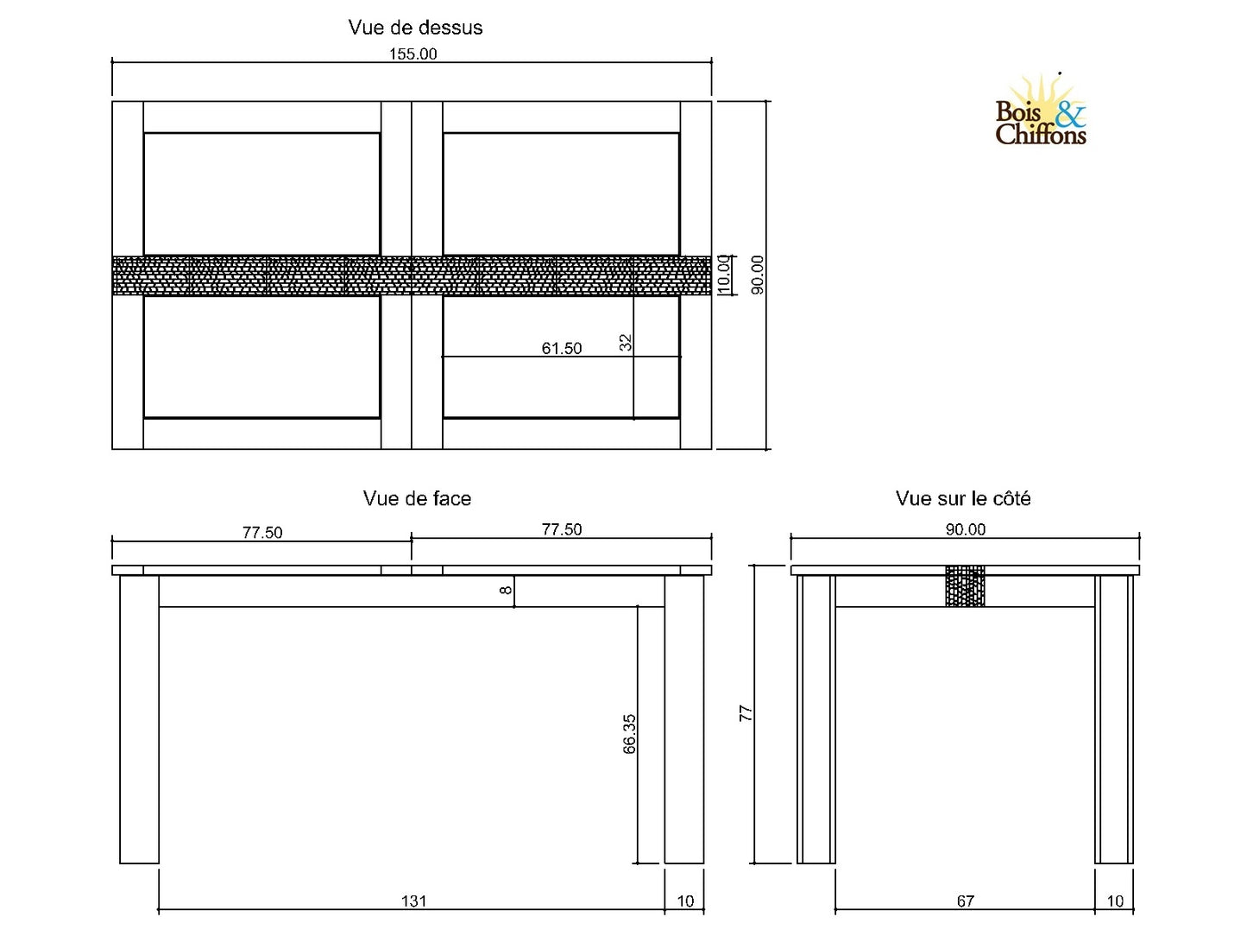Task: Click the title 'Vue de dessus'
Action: [415, 28]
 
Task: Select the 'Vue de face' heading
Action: [417, 499]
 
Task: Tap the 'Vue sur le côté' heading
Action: [963, 499]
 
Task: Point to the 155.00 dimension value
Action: [413, 54]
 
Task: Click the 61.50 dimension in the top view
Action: [562, 349]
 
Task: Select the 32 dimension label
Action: [627, 343]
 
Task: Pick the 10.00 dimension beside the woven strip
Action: [724, 275]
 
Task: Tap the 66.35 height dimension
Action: [630, 734]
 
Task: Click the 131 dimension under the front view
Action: [413, 901]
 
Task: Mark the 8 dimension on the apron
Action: [507, 591]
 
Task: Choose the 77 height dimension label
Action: [746, 714]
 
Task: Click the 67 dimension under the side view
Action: [965, 901]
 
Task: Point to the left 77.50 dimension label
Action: [261, 533]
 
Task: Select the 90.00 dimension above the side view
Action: [965, 530]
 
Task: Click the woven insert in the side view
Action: [965, 586]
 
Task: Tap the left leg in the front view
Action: [139, 718]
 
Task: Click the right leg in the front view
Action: [683, 718]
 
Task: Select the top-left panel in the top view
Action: [261, 193]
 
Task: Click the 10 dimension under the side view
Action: [1115, 901]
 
